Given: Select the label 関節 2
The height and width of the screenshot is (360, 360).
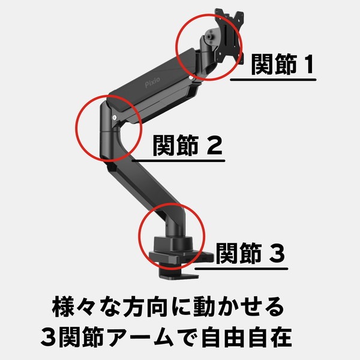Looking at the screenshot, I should (179, 146).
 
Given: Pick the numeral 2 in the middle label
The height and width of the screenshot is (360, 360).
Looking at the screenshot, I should (214, 146).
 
